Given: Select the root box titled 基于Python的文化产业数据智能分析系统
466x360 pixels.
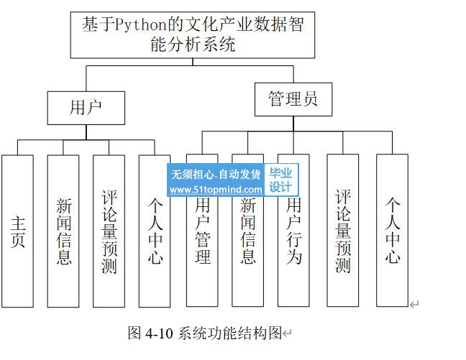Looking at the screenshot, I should point(193,34).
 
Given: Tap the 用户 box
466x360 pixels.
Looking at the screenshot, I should point(86,108).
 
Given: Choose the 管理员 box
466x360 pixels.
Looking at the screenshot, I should point(293,99).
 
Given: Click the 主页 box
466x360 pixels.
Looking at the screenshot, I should point(18,231).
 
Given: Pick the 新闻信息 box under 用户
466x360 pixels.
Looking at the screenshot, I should point(63,231).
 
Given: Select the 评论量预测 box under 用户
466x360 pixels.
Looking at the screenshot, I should point(109,231).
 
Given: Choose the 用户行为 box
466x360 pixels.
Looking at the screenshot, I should point(293,237).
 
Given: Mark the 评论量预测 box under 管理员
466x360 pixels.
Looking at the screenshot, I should point(343,231).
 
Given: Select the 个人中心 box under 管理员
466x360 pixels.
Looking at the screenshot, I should point(392,231).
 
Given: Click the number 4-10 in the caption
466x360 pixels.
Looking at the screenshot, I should point(159,333).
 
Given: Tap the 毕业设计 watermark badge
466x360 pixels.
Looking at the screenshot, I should point(281,180).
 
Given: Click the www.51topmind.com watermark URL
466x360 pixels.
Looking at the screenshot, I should point(216,189).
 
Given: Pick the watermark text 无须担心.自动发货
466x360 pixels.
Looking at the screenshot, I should point(216,175).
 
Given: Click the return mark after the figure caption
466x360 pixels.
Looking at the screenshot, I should point(288,333).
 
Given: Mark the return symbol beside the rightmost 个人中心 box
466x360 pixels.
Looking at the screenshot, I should point(414,305).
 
